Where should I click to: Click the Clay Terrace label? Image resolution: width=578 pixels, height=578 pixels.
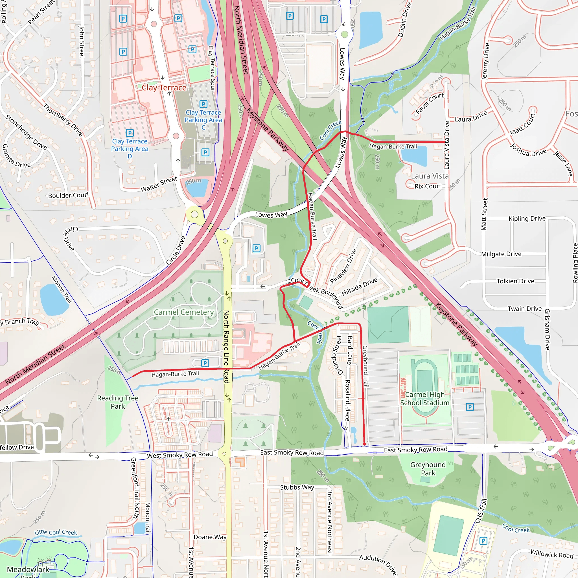(x=164, y=88)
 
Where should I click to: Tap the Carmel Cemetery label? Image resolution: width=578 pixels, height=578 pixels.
(x=184, y=312)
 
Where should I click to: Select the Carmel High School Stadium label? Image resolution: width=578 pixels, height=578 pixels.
(x=425, y=399)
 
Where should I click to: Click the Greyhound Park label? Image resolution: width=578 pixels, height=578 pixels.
(x=428, y=468)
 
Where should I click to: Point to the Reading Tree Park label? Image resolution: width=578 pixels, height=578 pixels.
(x=118, y=402)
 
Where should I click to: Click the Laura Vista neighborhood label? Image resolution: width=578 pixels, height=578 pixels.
(x=430, y=176)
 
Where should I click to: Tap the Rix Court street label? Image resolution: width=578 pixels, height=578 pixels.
(x=428, y=186)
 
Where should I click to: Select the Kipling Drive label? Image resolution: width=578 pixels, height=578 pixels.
(x=527, y=218)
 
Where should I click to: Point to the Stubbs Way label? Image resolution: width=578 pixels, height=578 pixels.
(x=297, y=487)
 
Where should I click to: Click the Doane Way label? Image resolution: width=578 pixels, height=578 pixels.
(x=210, y=537)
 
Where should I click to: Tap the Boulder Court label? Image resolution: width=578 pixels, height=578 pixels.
(x=69, y=195)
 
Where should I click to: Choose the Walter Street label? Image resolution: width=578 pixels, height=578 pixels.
(x=159, y=184)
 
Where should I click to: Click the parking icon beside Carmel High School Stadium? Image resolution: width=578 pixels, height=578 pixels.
(x=470, y=407)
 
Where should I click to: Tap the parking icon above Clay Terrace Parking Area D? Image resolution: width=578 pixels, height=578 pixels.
(x=130, y=133)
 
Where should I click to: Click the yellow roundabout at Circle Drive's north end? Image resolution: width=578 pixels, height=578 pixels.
(x=194, y=214)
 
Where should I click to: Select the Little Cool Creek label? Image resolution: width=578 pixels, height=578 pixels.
(x=56, y=532)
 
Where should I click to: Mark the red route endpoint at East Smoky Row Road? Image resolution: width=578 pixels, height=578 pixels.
(x=364, y=444)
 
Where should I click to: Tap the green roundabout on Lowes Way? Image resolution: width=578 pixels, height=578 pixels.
(x=344, y=34)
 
